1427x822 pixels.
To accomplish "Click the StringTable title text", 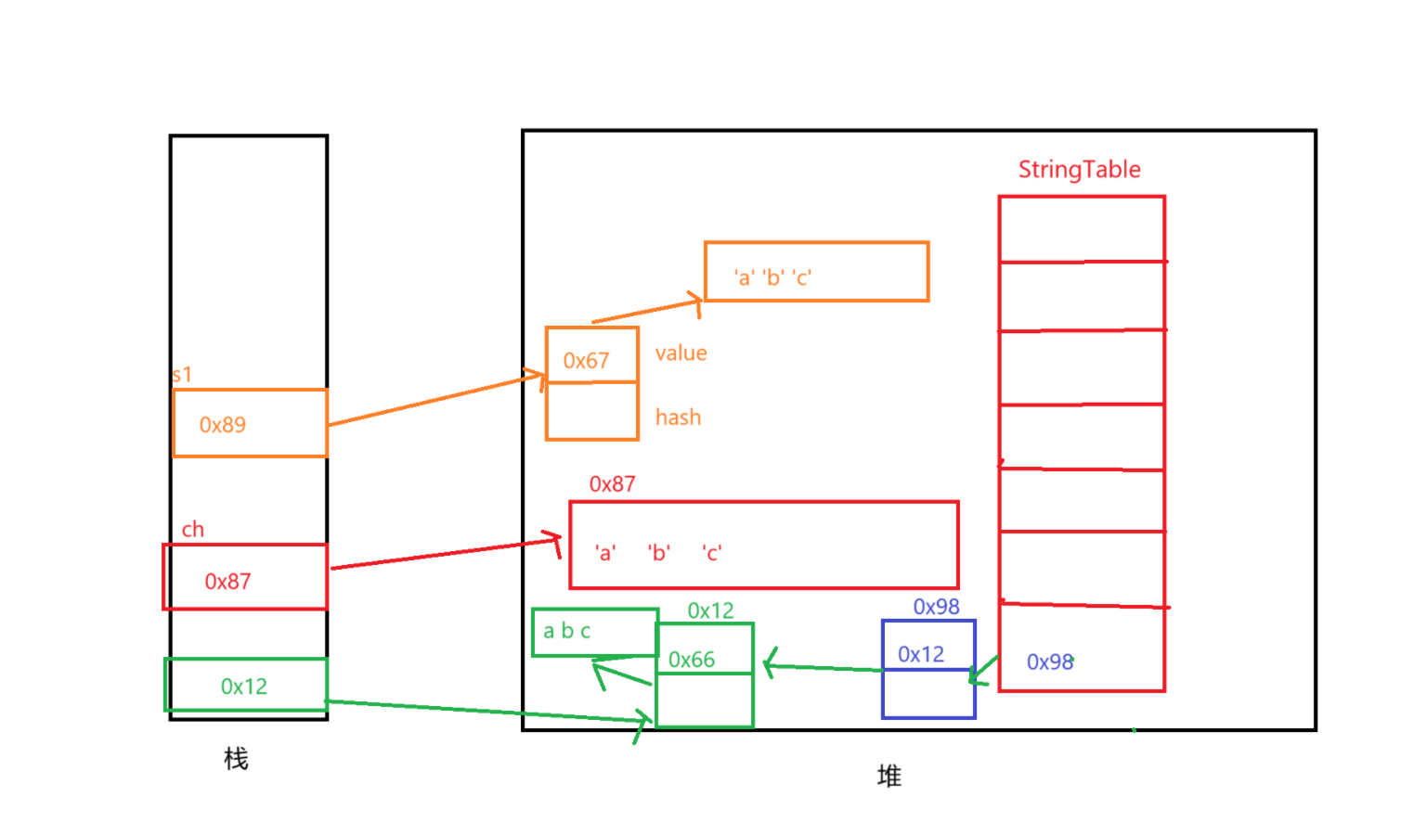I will tap(1079, 170).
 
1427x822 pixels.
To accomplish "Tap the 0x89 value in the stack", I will tap(223, 425).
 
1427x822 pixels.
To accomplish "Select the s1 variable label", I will tap(182, 375).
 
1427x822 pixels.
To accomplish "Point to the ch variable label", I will tap(193, 530).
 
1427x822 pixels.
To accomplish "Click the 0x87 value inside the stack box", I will tap(227, 582).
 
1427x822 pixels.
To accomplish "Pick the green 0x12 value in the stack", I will tap(244, 687).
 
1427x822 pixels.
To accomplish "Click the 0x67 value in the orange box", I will tap(586, 361).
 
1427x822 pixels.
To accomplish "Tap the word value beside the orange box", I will tap(681, 353).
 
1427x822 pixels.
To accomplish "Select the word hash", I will tap(678, 417).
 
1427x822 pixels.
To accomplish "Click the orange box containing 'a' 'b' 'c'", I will tap(816, 272).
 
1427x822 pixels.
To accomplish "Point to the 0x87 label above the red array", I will tap(612, 484).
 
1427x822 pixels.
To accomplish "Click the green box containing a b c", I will tap(594, 632).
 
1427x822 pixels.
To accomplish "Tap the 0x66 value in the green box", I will tap(692, 660).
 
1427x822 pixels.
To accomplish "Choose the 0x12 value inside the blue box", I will tap(921, 655).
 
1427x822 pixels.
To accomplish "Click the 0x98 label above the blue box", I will tap(936, 607).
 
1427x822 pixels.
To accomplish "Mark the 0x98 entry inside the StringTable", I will tap(1050, 662).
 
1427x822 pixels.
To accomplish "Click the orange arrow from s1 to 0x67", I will tap(436, 400).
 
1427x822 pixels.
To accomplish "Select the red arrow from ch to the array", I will tap(446, 554).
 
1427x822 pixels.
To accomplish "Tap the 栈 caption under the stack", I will tap(236, 759).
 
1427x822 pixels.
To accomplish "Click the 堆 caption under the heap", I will tap(889, 776).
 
